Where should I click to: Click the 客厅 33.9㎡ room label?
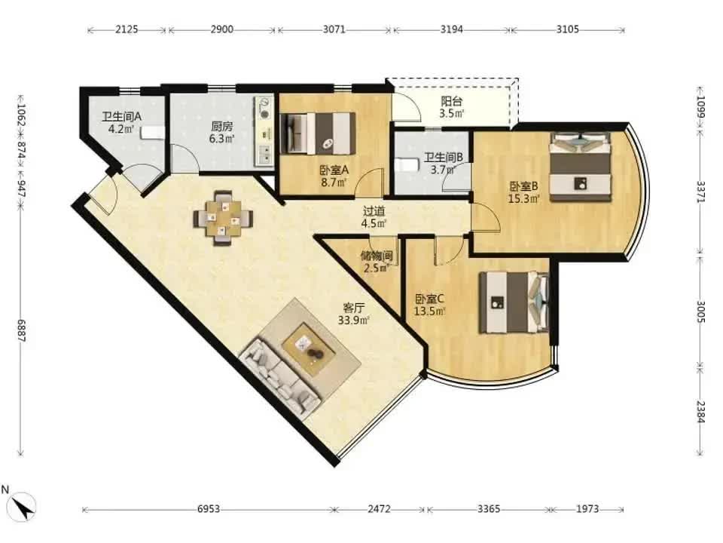tap(354, 314)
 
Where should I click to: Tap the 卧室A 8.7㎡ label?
tap(334, 176)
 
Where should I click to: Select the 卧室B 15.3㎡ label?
tap(524, 192)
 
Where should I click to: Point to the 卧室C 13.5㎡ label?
tap(429, 305)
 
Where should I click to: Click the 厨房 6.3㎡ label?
tap(221, 132)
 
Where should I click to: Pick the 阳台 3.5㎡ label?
tap(451, 107)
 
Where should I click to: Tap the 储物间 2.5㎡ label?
tap(377, 262)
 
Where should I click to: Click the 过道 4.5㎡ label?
tap(374, 217)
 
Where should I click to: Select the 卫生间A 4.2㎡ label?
tap(122, 123)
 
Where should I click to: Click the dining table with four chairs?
tap(223, 217)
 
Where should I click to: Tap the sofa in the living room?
tap(279, 376)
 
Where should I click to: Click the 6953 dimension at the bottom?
tap(209, 509)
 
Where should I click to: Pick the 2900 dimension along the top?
tap(221, 29)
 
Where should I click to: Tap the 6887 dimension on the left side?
tap(21, 330)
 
